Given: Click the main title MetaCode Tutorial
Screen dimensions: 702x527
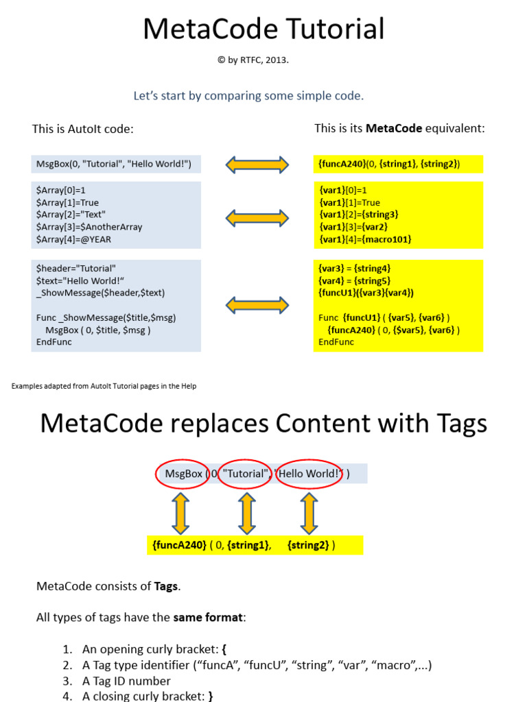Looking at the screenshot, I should click(263, 29).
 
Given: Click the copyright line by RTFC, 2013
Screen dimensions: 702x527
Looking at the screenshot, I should click(253, 60).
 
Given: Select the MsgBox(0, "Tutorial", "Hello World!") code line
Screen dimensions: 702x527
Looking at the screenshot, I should click(114, 164).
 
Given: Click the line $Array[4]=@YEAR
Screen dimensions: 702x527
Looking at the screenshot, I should click(73, 239).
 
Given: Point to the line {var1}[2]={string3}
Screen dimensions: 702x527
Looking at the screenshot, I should click(358, 215).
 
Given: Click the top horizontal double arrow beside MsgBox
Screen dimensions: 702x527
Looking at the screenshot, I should click(257, 164).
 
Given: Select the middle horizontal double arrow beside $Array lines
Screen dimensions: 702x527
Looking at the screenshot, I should click(257, 217).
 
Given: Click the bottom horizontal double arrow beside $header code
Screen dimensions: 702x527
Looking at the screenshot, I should click(257, 305).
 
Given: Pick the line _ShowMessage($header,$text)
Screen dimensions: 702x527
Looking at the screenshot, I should click(100, 293).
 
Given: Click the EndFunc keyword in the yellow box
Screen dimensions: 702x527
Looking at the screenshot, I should click(336, 342).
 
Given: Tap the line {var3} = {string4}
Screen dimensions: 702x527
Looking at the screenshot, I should click(355, 268).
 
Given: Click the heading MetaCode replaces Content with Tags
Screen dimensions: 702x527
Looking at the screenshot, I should click(263, 423).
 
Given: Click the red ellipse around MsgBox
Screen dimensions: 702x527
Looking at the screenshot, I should click(183, 474).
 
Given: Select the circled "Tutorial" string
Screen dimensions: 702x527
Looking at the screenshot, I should click(246, 474).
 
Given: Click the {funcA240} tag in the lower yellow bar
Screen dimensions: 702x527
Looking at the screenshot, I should click(179, 545).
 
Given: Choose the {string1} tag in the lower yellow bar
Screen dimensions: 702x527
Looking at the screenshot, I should click(248, 545).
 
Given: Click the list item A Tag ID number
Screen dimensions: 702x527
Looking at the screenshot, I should click(126, 681).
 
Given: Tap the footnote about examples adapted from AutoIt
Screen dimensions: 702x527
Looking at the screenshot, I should click(104, 386).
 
